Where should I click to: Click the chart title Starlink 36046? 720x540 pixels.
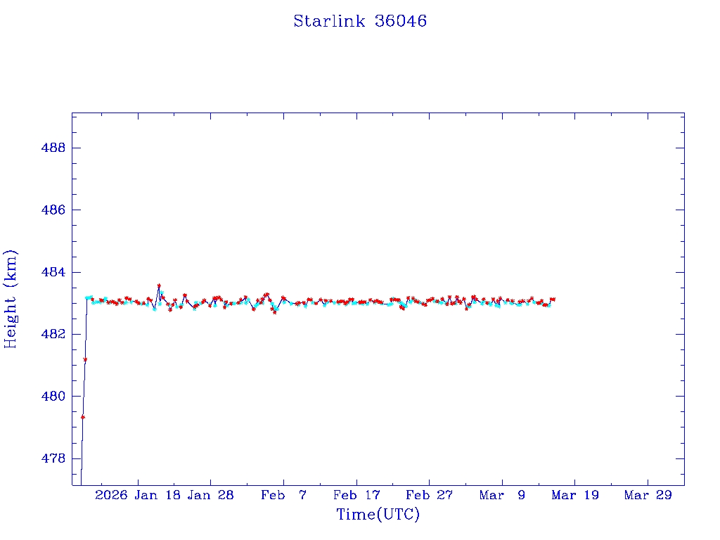click(360, 21)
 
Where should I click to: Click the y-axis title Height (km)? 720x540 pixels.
click(11, 298)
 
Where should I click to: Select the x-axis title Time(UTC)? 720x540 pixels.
click(378, 515)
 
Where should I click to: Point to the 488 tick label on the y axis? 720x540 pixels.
click(53, 148)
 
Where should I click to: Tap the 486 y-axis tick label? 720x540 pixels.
click(53, 210)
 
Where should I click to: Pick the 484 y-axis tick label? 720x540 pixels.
click(53, 272)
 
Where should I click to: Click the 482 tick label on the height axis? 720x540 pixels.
click(53, 334)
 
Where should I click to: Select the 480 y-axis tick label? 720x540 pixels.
click(53, 396)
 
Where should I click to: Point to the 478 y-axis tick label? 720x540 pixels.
click(53, 458)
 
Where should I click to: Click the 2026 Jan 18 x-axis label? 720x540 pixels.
click(137, 495)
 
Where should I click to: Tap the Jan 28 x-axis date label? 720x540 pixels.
click(210, 495)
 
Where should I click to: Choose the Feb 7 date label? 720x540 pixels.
click(283, 495)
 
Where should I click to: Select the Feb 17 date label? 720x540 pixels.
click(356, 495)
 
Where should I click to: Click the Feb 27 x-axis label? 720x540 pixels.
click(429, 495)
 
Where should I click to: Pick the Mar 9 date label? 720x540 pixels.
click(502, 495)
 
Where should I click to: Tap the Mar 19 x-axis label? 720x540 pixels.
click(575, 495)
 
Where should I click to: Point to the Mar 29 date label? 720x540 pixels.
click(648, 495)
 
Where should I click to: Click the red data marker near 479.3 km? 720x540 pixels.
click(83, 417)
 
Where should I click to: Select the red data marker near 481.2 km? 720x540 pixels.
click(85, 359)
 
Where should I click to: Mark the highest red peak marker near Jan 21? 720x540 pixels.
click(159, 285)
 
